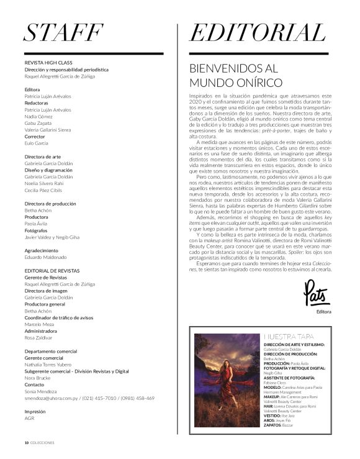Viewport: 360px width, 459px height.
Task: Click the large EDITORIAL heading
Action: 257,32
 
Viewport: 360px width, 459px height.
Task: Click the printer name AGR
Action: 30,418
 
